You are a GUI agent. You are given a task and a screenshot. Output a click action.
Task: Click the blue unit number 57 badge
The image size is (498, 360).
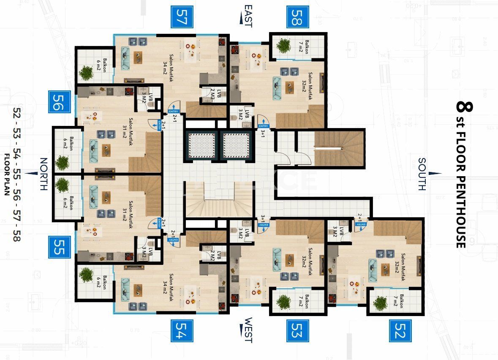tap(182, 17)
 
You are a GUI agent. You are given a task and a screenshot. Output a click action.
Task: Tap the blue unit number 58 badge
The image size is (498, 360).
tap(299, 17)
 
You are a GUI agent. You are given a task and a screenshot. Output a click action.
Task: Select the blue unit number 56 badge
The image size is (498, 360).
tap(59, 102)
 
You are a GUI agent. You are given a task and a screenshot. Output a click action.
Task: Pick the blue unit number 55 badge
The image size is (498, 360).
tap(59, 247)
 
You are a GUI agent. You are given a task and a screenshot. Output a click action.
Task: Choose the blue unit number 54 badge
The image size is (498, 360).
tap(182, 330)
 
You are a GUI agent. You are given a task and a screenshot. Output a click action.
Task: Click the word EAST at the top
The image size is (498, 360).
tap(248, 16)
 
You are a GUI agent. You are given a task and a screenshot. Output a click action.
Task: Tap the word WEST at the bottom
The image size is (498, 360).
tap(248, 330)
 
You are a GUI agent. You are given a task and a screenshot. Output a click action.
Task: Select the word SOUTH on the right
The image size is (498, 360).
tap(422, 174)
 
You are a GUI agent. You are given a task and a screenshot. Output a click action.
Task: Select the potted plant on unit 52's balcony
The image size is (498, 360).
tap(380, 302)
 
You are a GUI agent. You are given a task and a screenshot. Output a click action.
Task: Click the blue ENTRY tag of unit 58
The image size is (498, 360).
tap(263, 126)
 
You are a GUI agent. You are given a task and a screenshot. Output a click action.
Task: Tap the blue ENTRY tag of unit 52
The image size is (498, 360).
tap(359, 226)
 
